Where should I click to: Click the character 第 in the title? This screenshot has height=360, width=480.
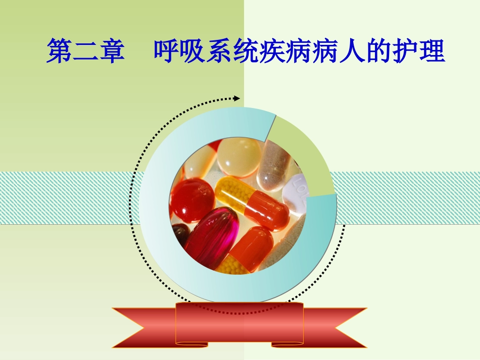point(59,53)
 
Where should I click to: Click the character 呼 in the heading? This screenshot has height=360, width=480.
point(167,53)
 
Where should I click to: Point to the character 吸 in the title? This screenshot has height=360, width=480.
point(194,53)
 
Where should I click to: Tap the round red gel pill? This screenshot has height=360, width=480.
point(191,200)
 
